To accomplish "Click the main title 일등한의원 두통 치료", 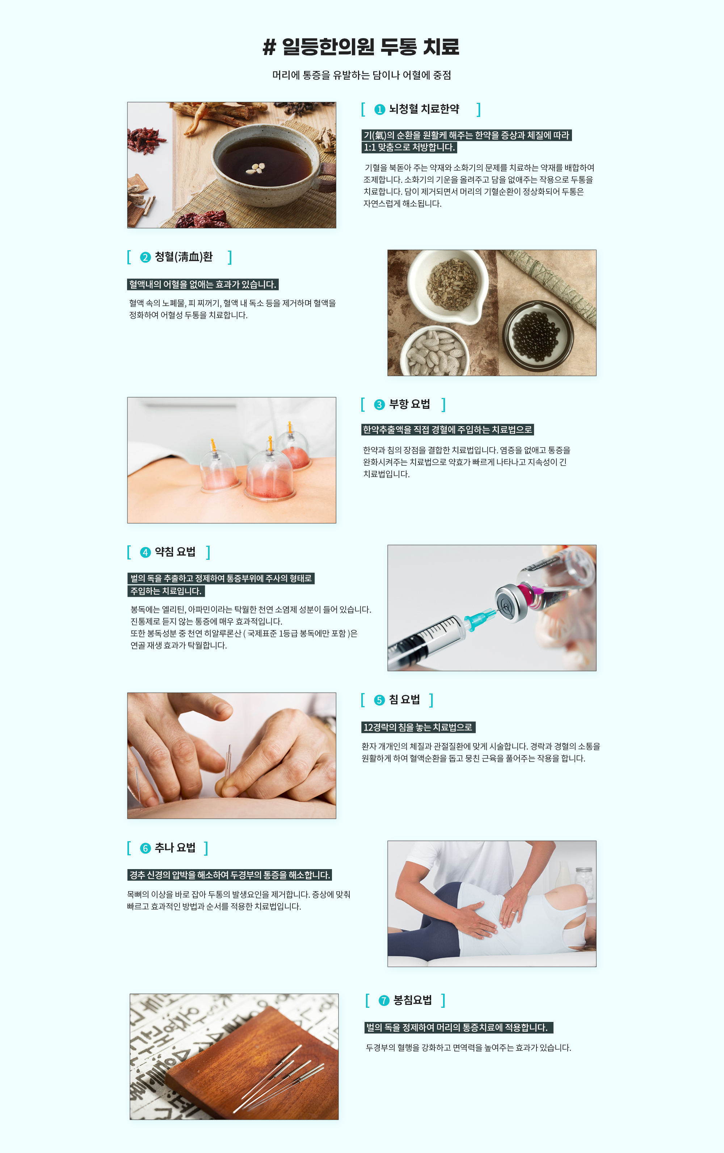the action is pyautogui.click(x=361, y=46).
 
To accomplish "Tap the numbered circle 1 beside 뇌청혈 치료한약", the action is pyautogui.click(x=379, y=110).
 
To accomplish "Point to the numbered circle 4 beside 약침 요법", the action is pyautogui.click(x=145, y=553).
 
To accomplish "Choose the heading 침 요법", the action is pyautogui.click(x=404, y=700).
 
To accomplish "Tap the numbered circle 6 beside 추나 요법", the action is pyautogui.click(x=145, y=848).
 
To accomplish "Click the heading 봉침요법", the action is pyautogui.click(x=412, y=1000).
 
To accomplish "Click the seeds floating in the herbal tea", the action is pyautogui.click(x=255, y=168).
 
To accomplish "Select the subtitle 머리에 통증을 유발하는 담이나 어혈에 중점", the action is pyautogui.click(x=361, y=75).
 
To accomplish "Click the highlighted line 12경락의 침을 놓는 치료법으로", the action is pyautogui.click(x=418, y=728).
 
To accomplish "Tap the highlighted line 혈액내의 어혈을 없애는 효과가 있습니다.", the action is pyautogui.click(x=203, y=284).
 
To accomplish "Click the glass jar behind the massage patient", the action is pyautogui.click(x=584, y=882).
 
